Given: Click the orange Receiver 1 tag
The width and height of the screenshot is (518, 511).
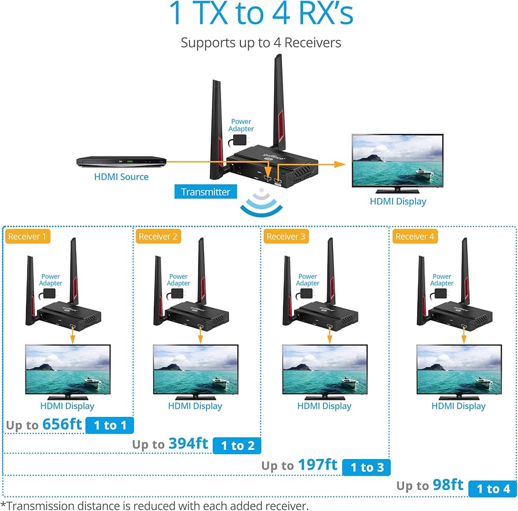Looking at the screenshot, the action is (27, 237).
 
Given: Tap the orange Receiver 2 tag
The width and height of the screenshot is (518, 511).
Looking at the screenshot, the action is (158, 237).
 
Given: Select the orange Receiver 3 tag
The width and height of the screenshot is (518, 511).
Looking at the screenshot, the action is (286, 237).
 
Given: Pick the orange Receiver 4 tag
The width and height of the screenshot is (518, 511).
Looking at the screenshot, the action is (415, 237).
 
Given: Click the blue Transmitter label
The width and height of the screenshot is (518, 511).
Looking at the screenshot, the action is (206, 192).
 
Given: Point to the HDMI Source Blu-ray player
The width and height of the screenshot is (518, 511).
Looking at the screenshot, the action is (121, 162).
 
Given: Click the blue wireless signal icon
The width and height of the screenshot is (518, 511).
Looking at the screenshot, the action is (262, 205).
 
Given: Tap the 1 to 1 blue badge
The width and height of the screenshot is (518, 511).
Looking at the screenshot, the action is (110, 425).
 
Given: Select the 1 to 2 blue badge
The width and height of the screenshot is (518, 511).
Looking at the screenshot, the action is (237, 445).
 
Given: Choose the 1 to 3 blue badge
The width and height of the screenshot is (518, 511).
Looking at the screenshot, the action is (367, 467).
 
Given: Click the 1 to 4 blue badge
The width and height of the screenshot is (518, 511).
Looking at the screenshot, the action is (493, 489).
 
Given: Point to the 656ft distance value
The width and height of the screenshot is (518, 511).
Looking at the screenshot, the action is (62, 424).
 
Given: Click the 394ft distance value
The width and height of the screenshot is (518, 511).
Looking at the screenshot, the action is (188, 444).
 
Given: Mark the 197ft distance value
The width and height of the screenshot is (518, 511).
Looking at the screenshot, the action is (318, 465).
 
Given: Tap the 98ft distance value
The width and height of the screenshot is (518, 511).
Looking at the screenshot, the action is (448, 485).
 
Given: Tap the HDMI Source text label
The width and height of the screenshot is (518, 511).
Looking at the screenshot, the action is (121, 177).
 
